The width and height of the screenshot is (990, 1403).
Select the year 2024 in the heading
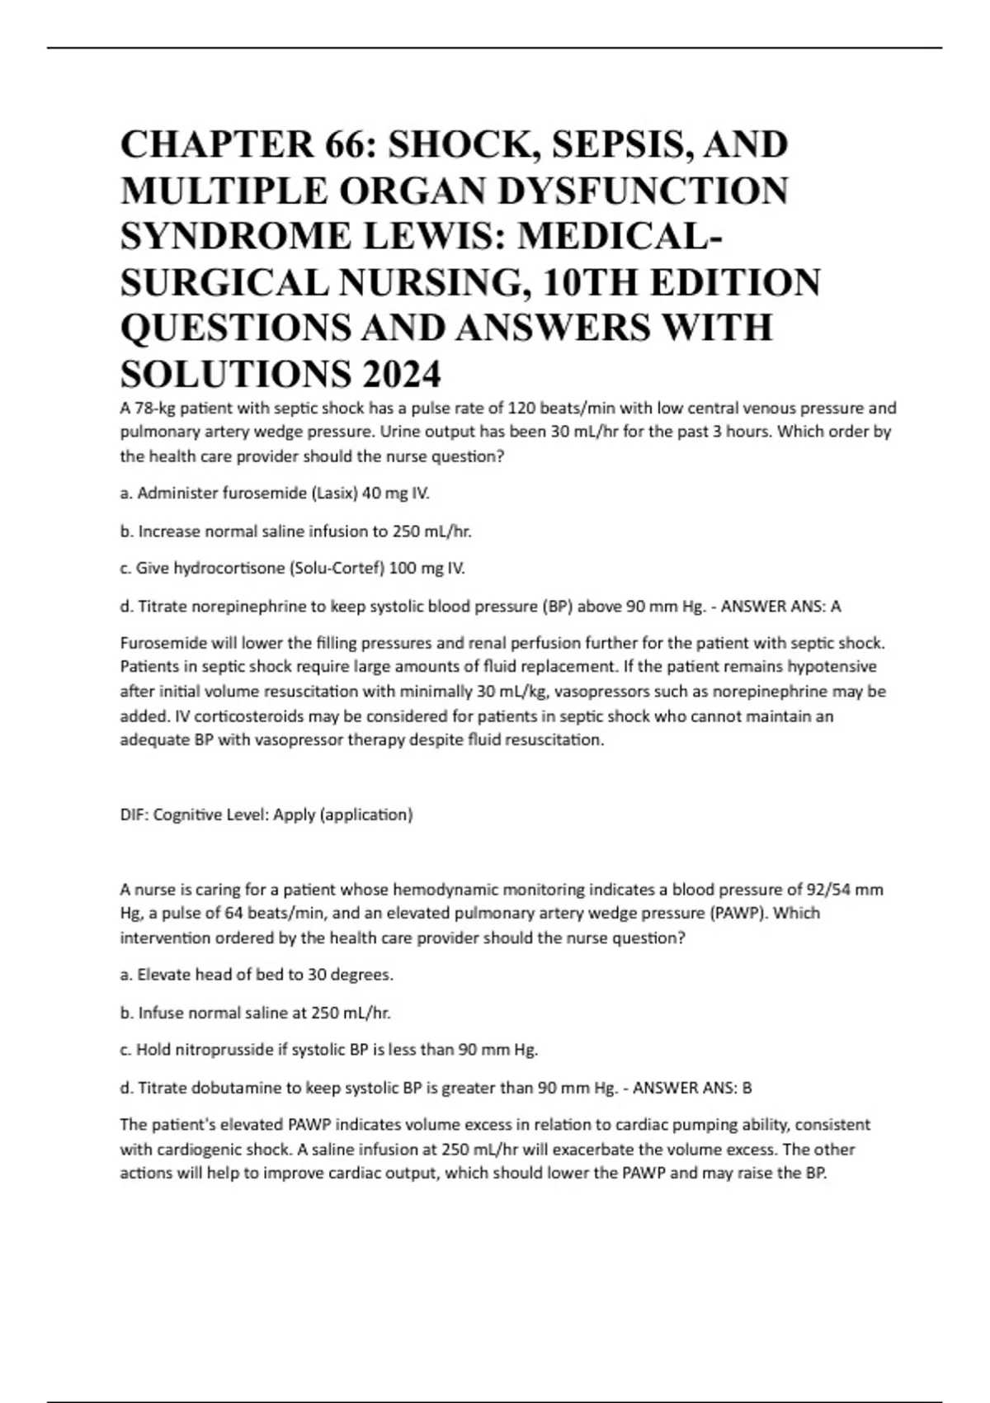[x=400, y=376]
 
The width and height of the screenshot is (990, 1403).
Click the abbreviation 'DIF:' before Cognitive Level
[x=134, y=815]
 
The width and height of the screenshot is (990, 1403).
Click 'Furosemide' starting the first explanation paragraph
[x=158, y=643]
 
